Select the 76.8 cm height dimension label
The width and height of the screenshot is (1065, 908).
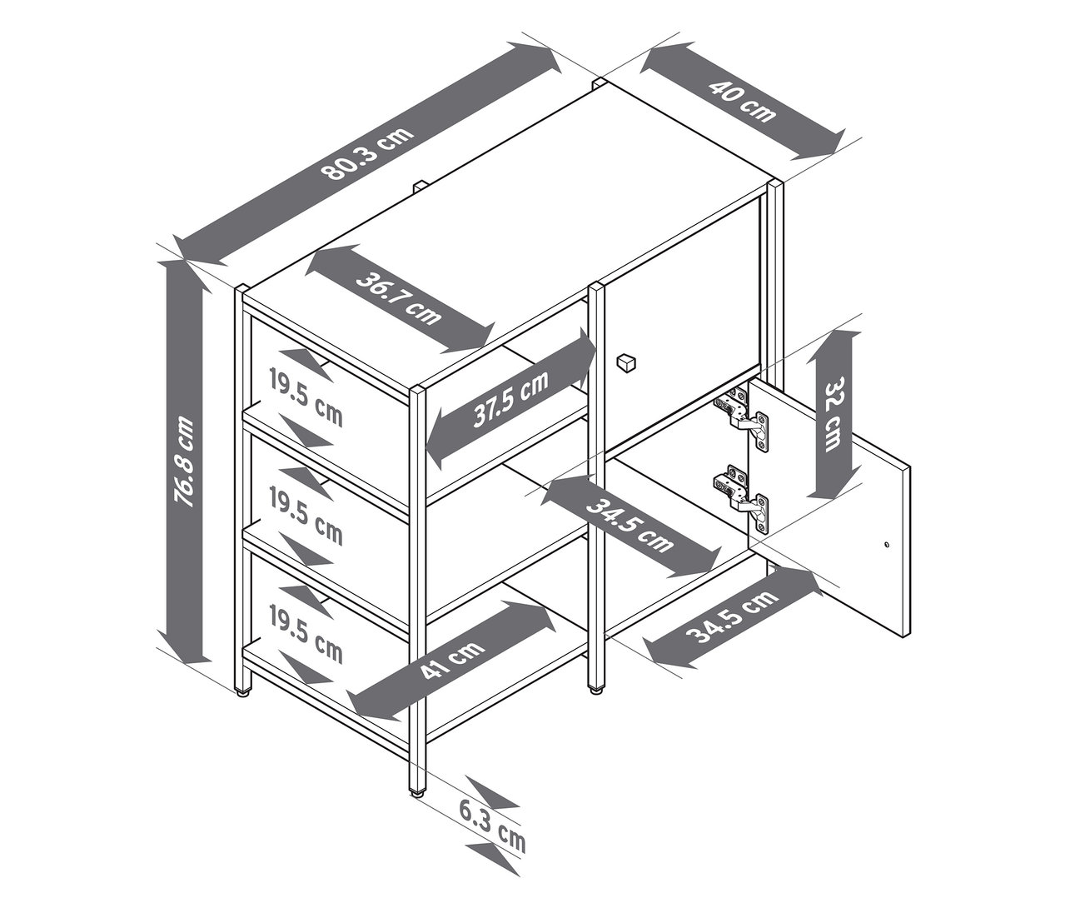click(184, 462)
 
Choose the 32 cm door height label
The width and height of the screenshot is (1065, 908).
click(834, 414)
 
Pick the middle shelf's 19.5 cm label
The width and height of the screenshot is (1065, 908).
click(306, 516)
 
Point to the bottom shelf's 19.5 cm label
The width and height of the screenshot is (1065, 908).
click(306, 632)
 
